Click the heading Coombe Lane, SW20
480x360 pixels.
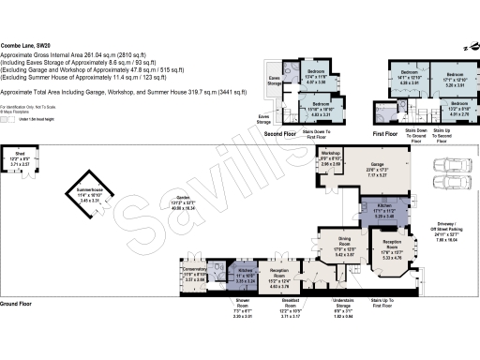tap(25, 45)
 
